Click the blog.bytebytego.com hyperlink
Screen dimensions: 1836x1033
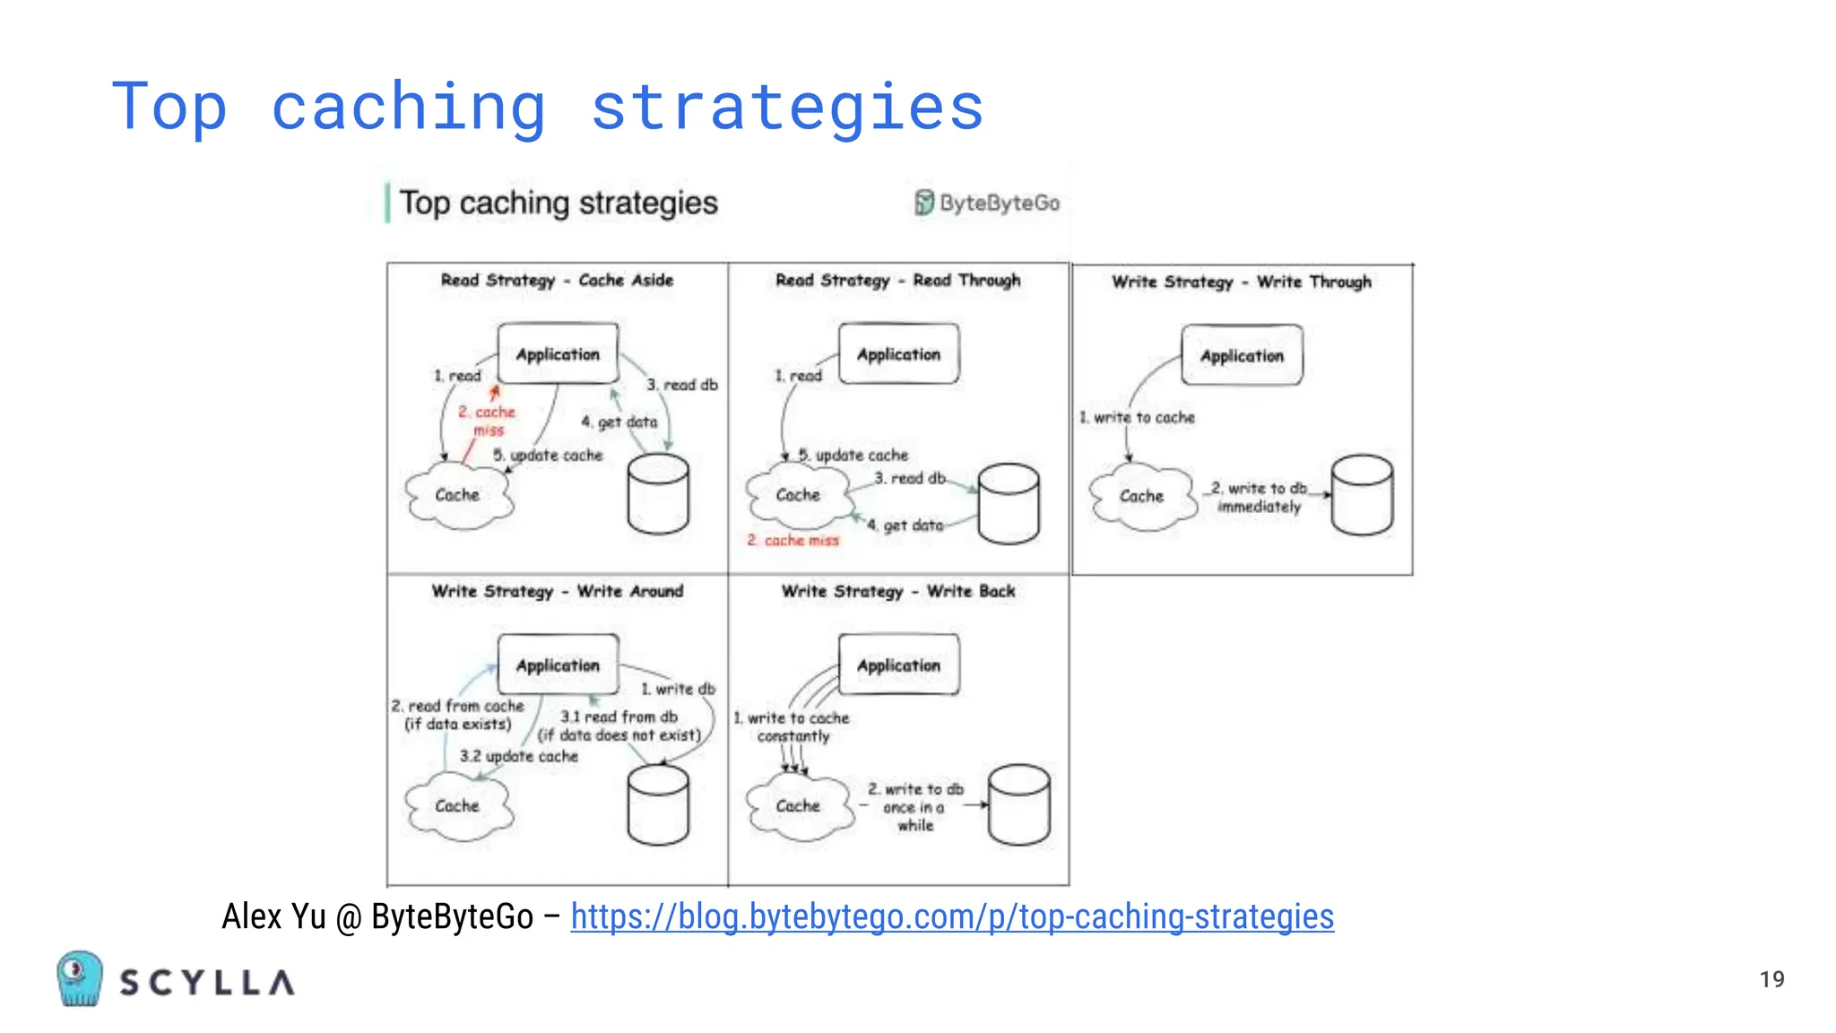point(952,916)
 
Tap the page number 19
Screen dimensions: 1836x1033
point(1771,979)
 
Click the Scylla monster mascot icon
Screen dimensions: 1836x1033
point(79,978)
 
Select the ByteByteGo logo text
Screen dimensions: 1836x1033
point(999,204)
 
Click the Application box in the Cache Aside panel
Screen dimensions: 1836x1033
point(558,354)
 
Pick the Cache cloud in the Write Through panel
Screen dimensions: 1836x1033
point(1141,496)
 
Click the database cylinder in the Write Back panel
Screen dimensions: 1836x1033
point(1019,804)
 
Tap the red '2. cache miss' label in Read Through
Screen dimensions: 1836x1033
point(793,541)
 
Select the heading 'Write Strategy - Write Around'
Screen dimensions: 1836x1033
point(558,592)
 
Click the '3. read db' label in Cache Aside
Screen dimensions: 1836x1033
point(682,385)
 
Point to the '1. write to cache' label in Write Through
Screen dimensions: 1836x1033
point(1137,418)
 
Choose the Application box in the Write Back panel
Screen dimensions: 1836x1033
point(898,665)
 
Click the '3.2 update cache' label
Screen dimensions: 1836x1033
point(519,757)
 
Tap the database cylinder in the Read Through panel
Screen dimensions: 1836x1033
point(1009,503)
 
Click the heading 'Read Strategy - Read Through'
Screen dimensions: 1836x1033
point(898,281)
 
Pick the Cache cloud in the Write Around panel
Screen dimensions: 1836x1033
point(458,806)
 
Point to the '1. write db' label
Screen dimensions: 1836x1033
point(679,690)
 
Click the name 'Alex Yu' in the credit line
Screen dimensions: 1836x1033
point(273,916)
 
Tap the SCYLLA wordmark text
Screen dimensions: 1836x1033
point(207,983)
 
